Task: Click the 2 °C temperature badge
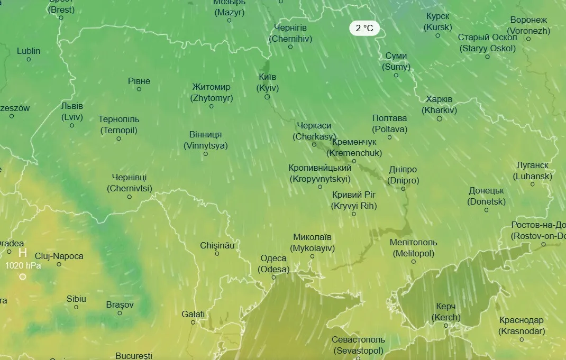pos(364,29)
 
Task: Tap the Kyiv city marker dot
pos(267,97)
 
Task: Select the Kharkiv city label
pos(439,105)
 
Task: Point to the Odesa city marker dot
pos(273,278)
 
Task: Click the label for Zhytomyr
pos(212,93)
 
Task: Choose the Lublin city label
pos(29,51)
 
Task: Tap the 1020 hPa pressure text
pos(23,266)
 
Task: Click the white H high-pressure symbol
pos(23,253)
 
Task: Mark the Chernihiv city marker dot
pos(290,47)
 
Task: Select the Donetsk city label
pos(486,196)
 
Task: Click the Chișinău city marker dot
pos(217,254)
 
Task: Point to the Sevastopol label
pos(358,345)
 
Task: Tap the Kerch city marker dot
pos(446,326)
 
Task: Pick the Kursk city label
pos(438,21)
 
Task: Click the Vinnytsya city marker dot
pos(206,154)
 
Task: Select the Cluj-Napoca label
pos(59,256)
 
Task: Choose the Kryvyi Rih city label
pos(354,200)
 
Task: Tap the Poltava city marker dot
pos(390,137)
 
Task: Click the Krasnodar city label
pos(521,326)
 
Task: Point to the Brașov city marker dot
pos(120,313)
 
